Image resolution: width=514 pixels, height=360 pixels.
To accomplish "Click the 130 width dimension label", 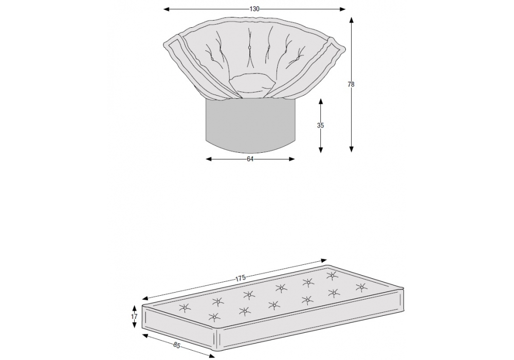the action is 254,9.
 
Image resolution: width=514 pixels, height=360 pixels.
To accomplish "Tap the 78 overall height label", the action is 351,84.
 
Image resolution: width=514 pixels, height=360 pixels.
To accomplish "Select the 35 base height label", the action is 320,125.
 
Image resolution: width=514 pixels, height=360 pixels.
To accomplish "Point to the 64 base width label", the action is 250,159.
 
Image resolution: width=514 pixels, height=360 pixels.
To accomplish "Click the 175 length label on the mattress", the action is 240,278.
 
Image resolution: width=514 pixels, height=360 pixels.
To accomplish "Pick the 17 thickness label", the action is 134,317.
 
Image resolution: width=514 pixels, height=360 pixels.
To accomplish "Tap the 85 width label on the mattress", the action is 177,345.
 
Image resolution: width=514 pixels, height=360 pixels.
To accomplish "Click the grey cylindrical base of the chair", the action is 250,126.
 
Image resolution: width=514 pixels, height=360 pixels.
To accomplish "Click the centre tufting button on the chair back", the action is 249,48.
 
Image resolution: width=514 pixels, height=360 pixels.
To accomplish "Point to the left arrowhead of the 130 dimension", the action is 166,9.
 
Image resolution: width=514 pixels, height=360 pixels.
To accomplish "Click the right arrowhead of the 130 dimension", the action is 342,9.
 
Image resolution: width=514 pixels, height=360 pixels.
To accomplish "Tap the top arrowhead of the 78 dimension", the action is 352,20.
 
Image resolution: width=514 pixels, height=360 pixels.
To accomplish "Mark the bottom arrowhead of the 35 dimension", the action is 321,150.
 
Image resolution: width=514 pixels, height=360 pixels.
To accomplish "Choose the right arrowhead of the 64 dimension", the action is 292,159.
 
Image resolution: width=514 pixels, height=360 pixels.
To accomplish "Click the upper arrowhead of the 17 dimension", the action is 134,308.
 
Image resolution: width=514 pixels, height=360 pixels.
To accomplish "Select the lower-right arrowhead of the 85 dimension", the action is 212,355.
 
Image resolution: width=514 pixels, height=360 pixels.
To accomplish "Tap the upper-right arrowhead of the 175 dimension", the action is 324,261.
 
